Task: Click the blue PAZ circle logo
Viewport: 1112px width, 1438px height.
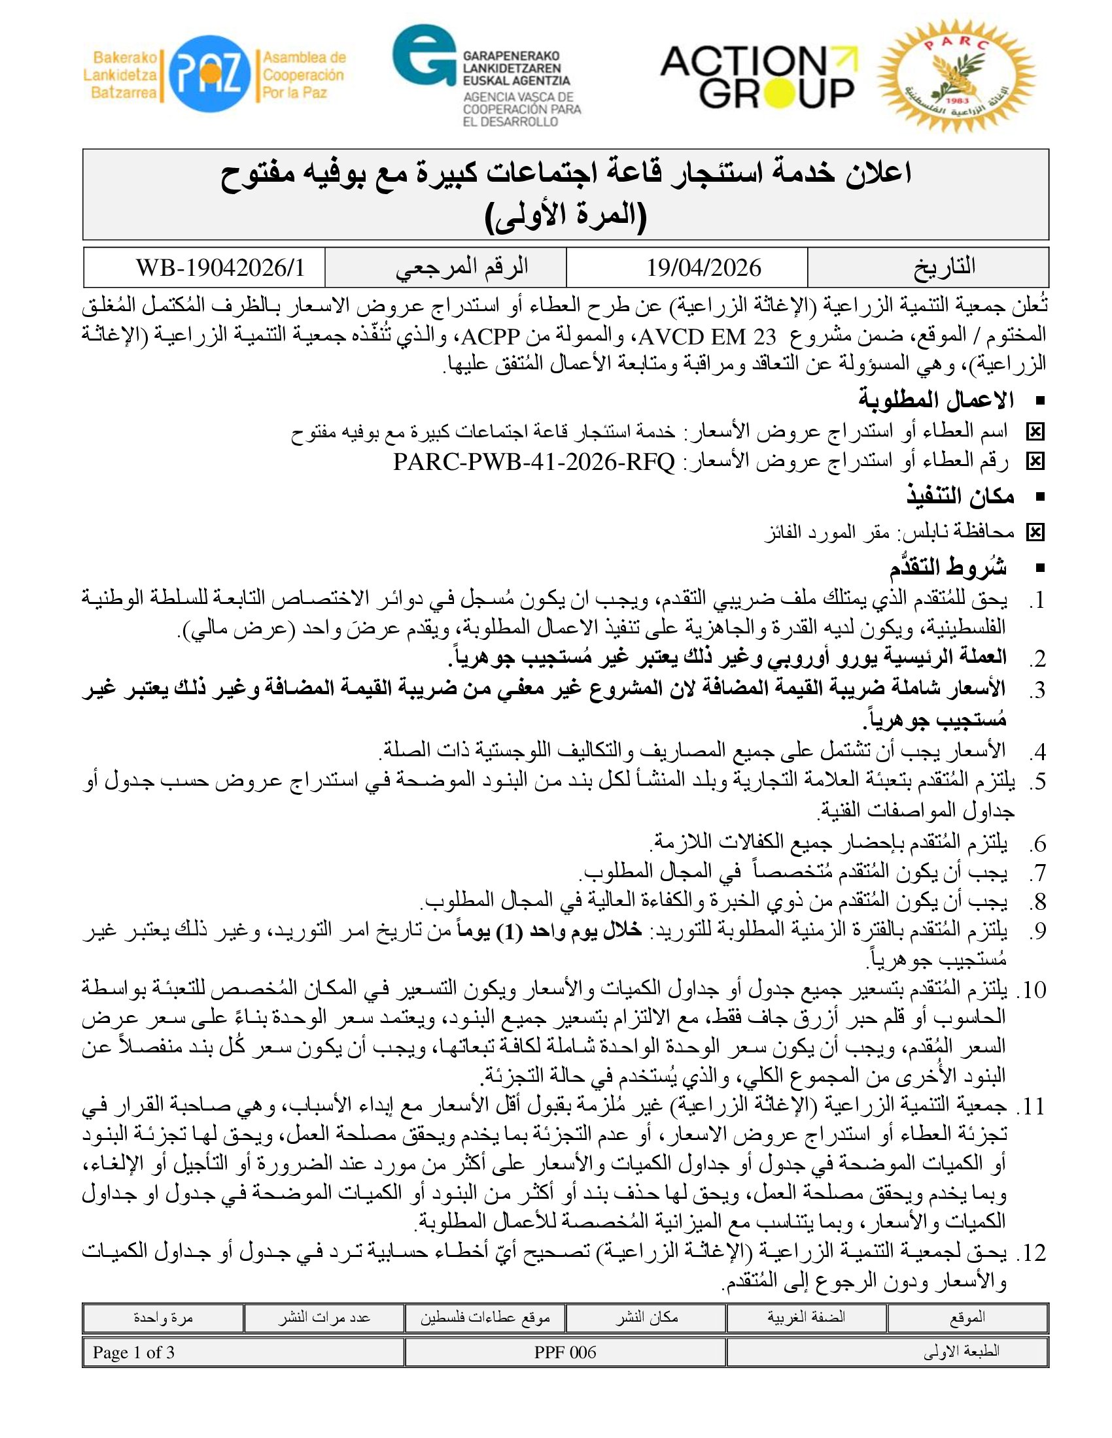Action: click(x=209, y=74)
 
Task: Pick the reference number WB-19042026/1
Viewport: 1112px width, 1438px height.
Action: click(x=220, y=268)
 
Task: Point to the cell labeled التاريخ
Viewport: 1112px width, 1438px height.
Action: click(x=943, y=267)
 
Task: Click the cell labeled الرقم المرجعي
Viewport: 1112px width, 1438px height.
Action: click(x=462, y=267)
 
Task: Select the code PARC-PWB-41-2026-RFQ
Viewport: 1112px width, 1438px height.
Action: click(x=534, y=462)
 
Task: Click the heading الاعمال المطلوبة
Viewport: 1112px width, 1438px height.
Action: click(x=935, y=400)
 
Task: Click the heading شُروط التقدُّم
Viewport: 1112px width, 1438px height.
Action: click(x=948, y=567)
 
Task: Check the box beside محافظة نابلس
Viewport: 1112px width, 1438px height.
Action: click(x=1035, y=532)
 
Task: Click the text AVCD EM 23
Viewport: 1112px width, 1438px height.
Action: click(x=708, y=337)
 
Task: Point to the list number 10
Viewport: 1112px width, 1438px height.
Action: click(x=1034, y=990)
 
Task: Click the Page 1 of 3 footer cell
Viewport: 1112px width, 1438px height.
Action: click(x=133, y=1353)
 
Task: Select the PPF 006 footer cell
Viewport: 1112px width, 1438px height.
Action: click(x=565, y=1353)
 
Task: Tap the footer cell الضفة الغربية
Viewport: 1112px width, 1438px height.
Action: click(x=806, y=1318)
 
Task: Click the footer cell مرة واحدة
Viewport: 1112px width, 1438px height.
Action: click(x=163, y=1318)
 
